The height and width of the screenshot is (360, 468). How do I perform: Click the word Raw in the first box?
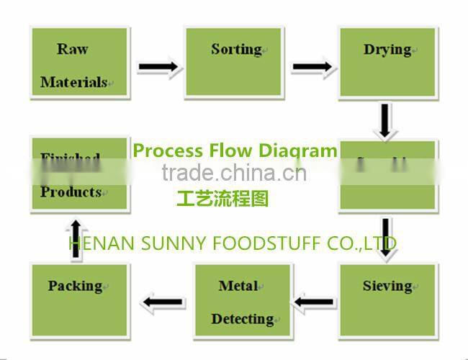pos(72,49)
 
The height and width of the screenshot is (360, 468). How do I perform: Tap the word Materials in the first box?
pos(73,82)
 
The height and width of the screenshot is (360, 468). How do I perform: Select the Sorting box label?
pos(235,49)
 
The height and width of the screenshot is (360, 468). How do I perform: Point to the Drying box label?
pos(387,50)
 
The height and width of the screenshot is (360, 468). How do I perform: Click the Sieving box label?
pos(387,286)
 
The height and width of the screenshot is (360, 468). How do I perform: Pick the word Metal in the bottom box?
pos(238,286)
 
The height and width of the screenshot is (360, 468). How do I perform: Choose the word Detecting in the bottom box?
pos(242,318)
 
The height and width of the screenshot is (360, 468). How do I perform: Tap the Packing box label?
pos(75,286)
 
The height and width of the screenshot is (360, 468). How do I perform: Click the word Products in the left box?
pos(71,192)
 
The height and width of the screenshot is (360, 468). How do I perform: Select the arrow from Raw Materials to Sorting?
pos(158,68)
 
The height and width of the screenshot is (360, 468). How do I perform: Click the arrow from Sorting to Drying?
pos(312,68)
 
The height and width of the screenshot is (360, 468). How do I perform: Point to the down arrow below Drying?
pos(387,121)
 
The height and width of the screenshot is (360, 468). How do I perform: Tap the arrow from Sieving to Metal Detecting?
pos(315,302)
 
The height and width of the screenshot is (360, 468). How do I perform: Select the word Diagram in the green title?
pos(303,150)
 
